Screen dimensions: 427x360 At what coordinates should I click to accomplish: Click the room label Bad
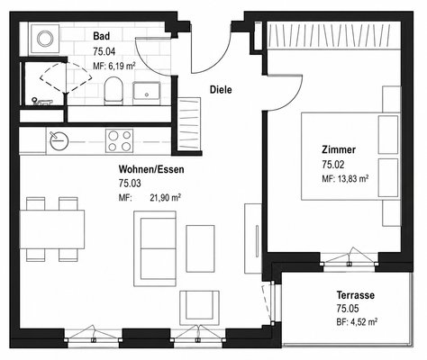click(101, 36)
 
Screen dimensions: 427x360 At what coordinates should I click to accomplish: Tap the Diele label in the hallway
click(221, 89)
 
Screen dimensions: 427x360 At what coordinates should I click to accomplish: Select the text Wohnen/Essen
click(151, 169)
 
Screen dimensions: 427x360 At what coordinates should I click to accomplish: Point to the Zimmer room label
click(339, 149)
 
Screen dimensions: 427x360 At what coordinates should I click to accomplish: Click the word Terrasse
click(356, 295)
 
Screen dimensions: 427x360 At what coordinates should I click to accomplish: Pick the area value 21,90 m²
click(165, 197)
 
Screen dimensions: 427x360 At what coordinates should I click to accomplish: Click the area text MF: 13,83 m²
click(345, 179)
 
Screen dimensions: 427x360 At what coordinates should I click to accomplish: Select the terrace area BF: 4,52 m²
click(357, 322)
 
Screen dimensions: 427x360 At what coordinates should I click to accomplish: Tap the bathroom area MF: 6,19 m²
click(114, 66)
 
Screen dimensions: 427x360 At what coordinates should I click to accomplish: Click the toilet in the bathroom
click(114, 91)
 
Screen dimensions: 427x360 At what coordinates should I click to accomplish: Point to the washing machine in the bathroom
click(45, 39)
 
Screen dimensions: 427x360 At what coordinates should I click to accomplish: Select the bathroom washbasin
click(147, 93)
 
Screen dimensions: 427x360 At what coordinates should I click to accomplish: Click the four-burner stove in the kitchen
click(119, 140)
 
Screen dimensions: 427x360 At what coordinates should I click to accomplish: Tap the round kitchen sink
click(59, 140)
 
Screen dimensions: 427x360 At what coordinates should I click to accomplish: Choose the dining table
click(52, 229)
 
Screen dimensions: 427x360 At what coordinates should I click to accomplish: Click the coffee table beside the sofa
click(200, 248)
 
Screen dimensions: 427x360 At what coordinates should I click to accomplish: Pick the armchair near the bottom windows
click(200, 308)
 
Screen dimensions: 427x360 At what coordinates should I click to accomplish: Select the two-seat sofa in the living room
click(155, 248)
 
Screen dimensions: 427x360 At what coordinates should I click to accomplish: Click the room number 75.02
click(333, 165)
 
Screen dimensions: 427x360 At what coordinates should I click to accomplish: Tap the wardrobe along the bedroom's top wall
click(333, 35)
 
